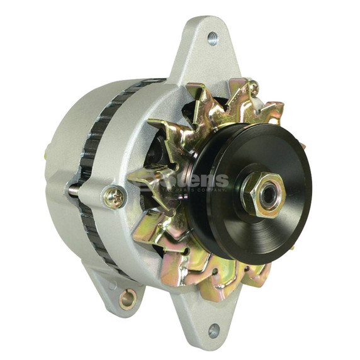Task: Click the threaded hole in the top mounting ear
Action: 213,38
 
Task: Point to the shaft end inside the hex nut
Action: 267,194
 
